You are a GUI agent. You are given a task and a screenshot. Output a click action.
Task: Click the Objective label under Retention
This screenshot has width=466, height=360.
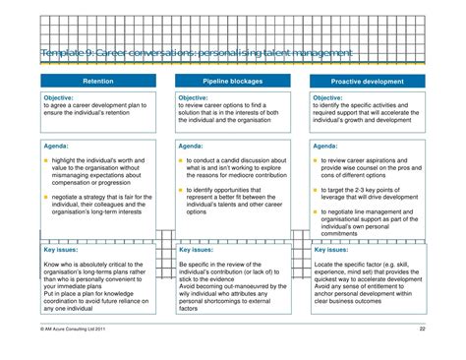pyautogui.click(x=60, y=98)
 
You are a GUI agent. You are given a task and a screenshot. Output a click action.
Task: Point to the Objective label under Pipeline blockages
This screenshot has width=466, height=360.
pyautogui.click(x=194, y=98)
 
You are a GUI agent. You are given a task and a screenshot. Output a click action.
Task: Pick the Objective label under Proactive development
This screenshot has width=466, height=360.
pyautogui.click(x=328, y=98)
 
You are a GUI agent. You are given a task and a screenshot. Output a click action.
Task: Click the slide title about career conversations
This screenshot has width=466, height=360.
pyautogui.click(x=197, y=51)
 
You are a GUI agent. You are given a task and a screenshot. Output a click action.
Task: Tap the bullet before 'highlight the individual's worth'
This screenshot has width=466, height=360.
pyautogui.click(x=45, y=159)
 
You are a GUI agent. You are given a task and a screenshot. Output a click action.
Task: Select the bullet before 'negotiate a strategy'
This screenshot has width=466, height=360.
pyautogui.click(x=45, y=196)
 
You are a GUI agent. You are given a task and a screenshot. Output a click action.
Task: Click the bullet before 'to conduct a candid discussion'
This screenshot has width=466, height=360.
pyautogui.click(x=180, y=159)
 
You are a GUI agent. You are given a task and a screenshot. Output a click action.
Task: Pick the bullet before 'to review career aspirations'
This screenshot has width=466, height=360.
pyautogui.click(x=315, y=158)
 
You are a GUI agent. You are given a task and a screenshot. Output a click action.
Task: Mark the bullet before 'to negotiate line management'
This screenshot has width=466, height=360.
pyautogui.click(x=315, y=213)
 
